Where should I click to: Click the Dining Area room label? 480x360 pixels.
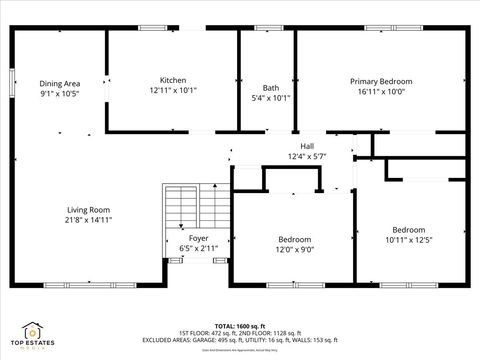[60, 83]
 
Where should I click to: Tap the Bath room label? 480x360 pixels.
[270, 87]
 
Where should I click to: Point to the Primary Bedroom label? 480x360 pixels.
[381, 80]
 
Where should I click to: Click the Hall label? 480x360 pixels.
[307, 146]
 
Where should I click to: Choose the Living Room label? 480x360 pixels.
[89, 209]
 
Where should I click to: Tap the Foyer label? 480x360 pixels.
[199, 238]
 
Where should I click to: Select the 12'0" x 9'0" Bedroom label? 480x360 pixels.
[294, 239]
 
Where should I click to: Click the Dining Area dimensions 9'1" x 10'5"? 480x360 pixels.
[60, 93]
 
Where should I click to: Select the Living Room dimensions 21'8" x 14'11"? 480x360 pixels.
[89, 219]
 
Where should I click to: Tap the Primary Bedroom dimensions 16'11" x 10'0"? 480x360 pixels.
[381, 90]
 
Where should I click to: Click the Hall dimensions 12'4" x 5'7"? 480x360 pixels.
[307, 156]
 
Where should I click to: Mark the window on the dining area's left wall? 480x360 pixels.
[11, 83]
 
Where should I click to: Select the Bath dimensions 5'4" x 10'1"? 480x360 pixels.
[270, 98]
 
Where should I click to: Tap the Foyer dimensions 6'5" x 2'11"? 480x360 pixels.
[199, 248]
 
